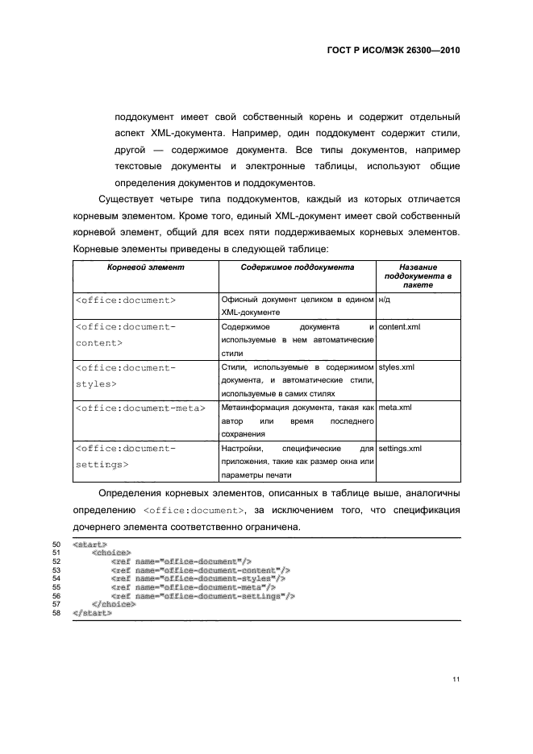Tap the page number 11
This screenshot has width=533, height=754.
pos(456,680)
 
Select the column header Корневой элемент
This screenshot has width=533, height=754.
pos(145,267)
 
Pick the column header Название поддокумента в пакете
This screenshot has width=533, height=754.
pos(418,275)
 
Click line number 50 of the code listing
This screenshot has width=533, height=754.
pos(56,545)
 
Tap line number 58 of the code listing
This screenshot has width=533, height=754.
pos(56,614)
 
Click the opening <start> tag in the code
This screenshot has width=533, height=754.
pos(89,545)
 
